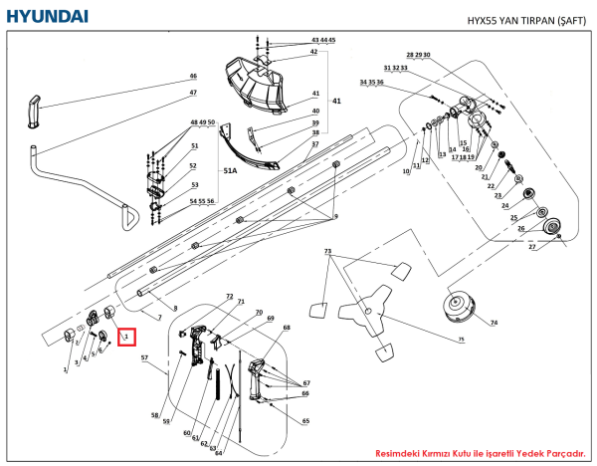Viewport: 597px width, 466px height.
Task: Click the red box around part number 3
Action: (x=125, y=337)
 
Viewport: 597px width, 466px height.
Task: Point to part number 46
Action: (x=193, y=77)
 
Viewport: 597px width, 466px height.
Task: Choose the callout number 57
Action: (x=144, y=356)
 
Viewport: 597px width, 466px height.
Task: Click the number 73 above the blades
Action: (x=327, y=253)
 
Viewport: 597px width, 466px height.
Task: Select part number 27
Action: (x=531, y=247)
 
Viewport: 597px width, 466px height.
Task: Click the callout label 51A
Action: (x=230, y=171)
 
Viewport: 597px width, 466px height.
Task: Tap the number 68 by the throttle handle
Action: (x=287, y=328)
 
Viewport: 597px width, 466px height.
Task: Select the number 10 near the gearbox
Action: (x=406, y=172)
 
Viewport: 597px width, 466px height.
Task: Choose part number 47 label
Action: (x=193, y=94)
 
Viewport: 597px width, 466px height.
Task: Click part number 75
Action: (x=461, y=340)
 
